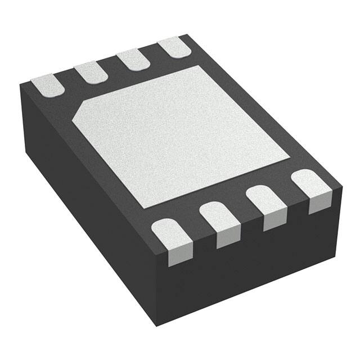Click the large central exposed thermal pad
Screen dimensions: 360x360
pos(180,135)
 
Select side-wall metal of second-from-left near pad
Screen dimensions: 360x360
pos(228,239)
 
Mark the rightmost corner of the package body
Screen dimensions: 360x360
pos(342,186)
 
